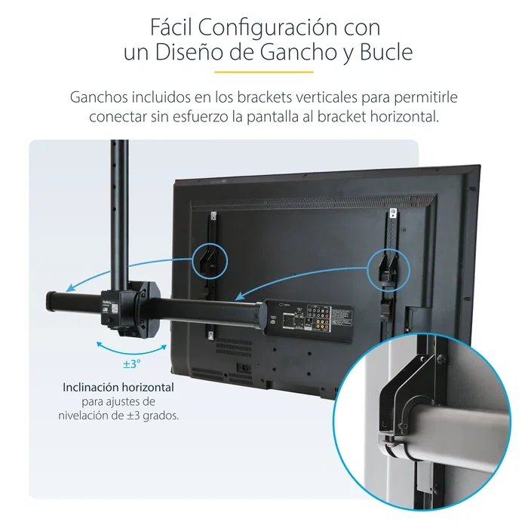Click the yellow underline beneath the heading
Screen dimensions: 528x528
[x=263, y=72]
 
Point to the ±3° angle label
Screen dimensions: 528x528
[x=132, y=364]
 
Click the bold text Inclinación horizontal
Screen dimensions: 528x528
[x=118, y=387]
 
